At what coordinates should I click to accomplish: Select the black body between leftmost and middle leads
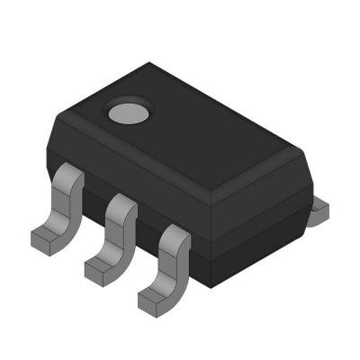click(94, 202)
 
